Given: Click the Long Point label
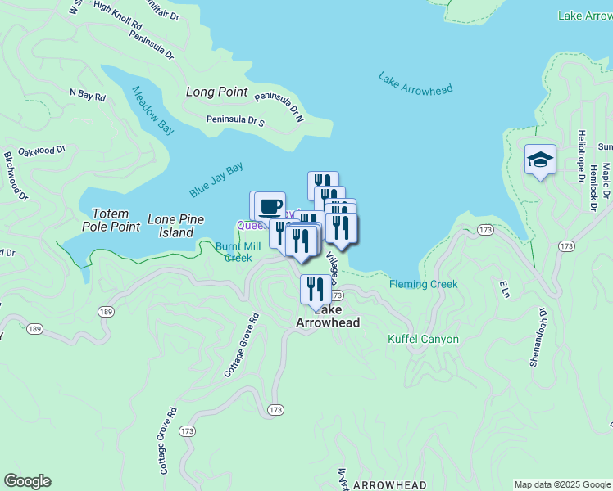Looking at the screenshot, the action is click(216, 92).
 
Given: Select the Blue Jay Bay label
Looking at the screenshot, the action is click(216, 180).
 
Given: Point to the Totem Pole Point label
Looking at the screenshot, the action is click(111, 218).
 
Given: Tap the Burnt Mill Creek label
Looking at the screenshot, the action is click(238, 251).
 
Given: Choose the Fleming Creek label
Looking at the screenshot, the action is click(423, 285).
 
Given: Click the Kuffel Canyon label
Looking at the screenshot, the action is click(423, 339).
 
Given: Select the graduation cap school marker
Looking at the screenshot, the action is click(541, 160).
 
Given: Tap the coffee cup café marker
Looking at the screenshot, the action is click(270, 206).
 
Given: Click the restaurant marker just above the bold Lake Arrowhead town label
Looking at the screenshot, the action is click(315, 289).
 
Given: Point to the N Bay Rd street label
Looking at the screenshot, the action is click(88, 96).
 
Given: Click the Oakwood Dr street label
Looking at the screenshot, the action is click(41, 151).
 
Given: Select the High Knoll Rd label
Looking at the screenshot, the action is click(117, 16).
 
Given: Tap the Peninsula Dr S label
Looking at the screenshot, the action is click(235, 121).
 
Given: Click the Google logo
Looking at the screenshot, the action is click(27, 481).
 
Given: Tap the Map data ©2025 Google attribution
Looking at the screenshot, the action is click(562, 484).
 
